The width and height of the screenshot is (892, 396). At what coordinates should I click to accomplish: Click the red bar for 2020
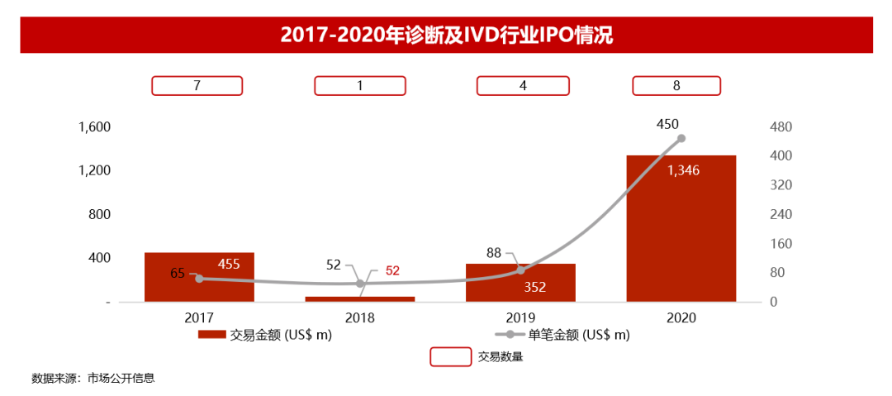coord(681,229)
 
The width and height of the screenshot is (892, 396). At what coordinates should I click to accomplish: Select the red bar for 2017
coord(199,277)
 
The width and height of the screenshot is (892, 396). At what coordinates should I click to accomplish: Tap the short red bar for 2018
coord(359,298)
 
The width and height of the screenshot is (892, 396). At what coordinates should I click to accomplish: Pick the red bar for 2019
coord(520,283)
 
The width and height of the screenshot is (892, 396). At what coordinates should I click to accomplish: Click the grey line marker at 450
coord(681,139)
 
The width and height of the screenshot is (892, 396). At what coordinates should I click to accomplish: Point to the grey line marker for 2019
coord(520,270)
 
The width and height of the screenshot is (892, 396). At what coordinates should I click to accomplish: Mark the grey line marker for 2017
coord(199,279)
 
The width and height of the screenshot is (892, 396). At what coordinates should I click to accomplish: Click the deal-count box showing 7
coord(197,85)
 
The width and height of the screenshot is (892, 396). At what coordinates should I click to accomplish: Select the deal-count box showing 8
coord(676,85)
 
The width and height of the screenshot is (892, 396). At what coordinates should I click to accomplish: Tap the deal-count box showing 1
coord(359,85)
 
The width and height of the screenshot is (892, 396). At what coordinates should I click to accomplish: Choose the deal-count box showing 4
coord(522,85)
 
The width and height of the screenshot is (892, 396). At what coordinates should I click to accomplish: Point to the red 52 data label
coord(392,270)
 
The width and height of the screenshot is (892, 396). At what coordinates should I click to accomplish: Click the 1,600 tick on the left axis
coord(94,127)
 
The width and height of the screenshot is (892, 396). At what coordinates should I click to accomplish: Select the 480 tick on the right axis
coord(781,127)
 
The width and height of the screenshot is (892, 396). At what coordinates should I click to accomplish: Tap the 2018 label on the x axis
coord(359,317)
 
